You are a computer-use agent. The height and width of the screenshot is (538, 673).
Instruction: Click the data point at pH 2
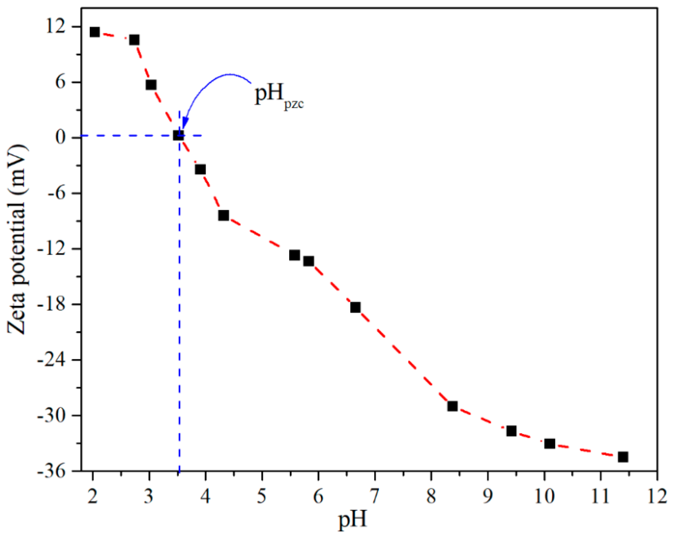(95, 32)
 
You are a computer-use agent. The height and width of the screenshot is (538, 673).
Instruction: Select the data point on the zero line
(178, 135)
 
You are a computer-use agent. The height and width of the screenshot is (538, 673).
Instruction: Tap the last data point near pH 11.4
(623, 457)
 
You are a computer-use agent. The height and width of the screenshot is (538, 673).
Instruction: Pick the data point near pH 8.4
(452, 406)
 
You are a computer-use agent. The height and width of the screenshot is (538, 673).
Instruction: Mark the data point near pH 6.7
(355, 307)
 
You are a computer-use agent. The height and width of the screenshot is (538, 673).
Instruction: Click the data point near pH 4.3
(224, 215)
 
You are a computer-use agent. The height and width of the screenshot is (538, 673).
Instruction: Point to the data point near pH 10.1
(550, 444)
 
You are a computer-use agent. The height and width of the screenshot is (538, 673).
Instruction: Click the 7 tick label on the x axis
(375, 496)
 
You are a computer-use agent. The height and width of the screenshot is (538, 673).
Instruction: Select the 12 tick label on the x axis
(657, 496)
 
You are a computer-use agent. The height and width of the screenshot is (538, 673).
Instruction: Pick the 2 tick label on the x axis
(92, 496)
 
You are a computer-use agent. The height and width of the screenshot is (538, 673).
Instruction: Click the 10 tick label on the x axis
(544, 496)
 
